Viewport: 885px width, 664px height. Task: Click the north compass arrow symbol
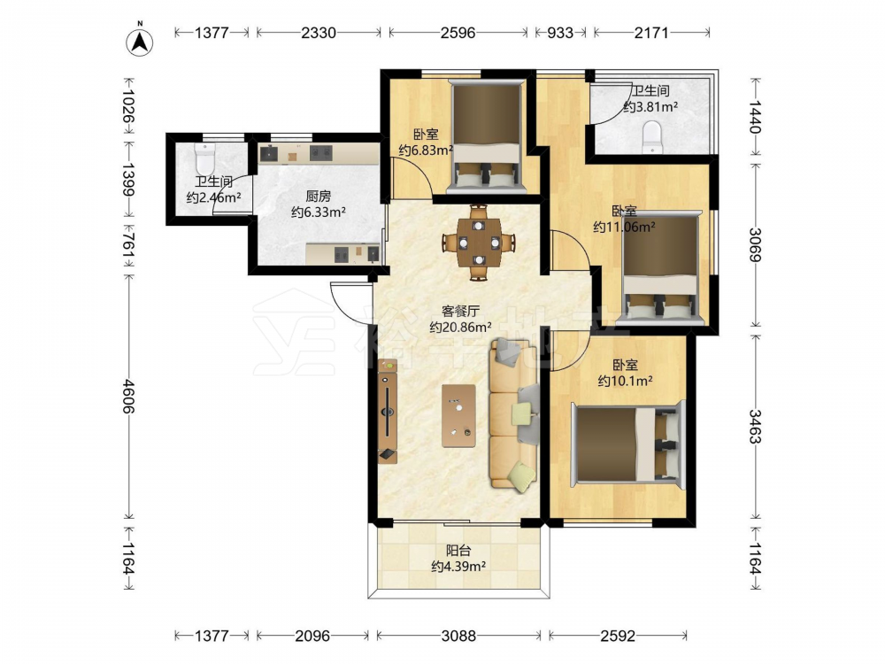click(140, 42)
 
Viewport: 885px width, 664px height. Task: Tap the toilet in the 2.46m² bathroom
click(204, 158)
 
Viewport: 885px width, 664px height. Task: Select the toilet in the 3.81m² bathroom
click(652, 136)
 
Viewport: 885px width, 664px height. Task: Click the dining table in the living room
click(479, 243)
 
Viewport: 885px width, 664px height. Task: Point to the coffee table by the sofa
click(458, 415)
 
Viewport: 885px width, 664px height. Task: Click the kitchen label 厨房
click(319, 196)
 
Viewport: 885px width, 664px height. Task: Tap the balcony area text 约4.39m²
click(458, 567)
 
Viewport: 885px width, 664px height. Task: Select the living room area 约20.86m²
click(460, 327)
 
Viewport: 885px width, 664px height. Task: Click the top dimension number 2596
click(458, 33)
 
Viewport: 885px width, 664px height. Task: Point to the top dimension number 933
click(560, 33)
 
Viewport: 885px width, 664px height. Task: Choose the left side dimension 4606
click(129, 397)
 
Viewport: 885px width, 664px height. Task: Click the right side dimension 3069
click(755, 244)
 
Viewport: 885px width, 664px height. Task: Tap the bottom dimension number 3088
click(458, 636)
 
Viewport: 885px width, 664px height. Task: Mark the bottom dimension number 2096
click(312, 636)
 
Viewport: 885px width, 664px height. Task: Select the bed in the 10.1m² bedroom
click(627, 444)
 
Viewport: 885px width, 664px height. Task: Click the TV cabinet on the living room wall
click(388, 411)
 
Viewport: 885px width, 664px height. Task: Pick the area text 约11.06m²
click(624, 227)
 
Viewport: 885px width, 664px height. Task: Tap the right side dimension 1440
click(755, 117)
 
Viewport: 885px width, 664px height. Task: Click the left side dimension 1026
click(129, 105)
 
